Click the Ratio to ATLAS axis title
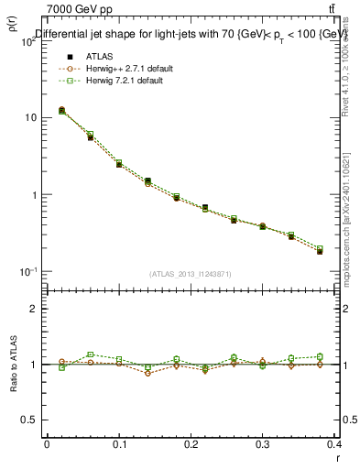(x=12, y=365)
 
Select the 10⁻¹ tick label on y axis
(x=27, y=272)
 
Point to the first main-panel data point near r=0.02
(x=61, y=110)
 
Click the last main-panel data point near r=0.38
(x=320, y=250)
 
